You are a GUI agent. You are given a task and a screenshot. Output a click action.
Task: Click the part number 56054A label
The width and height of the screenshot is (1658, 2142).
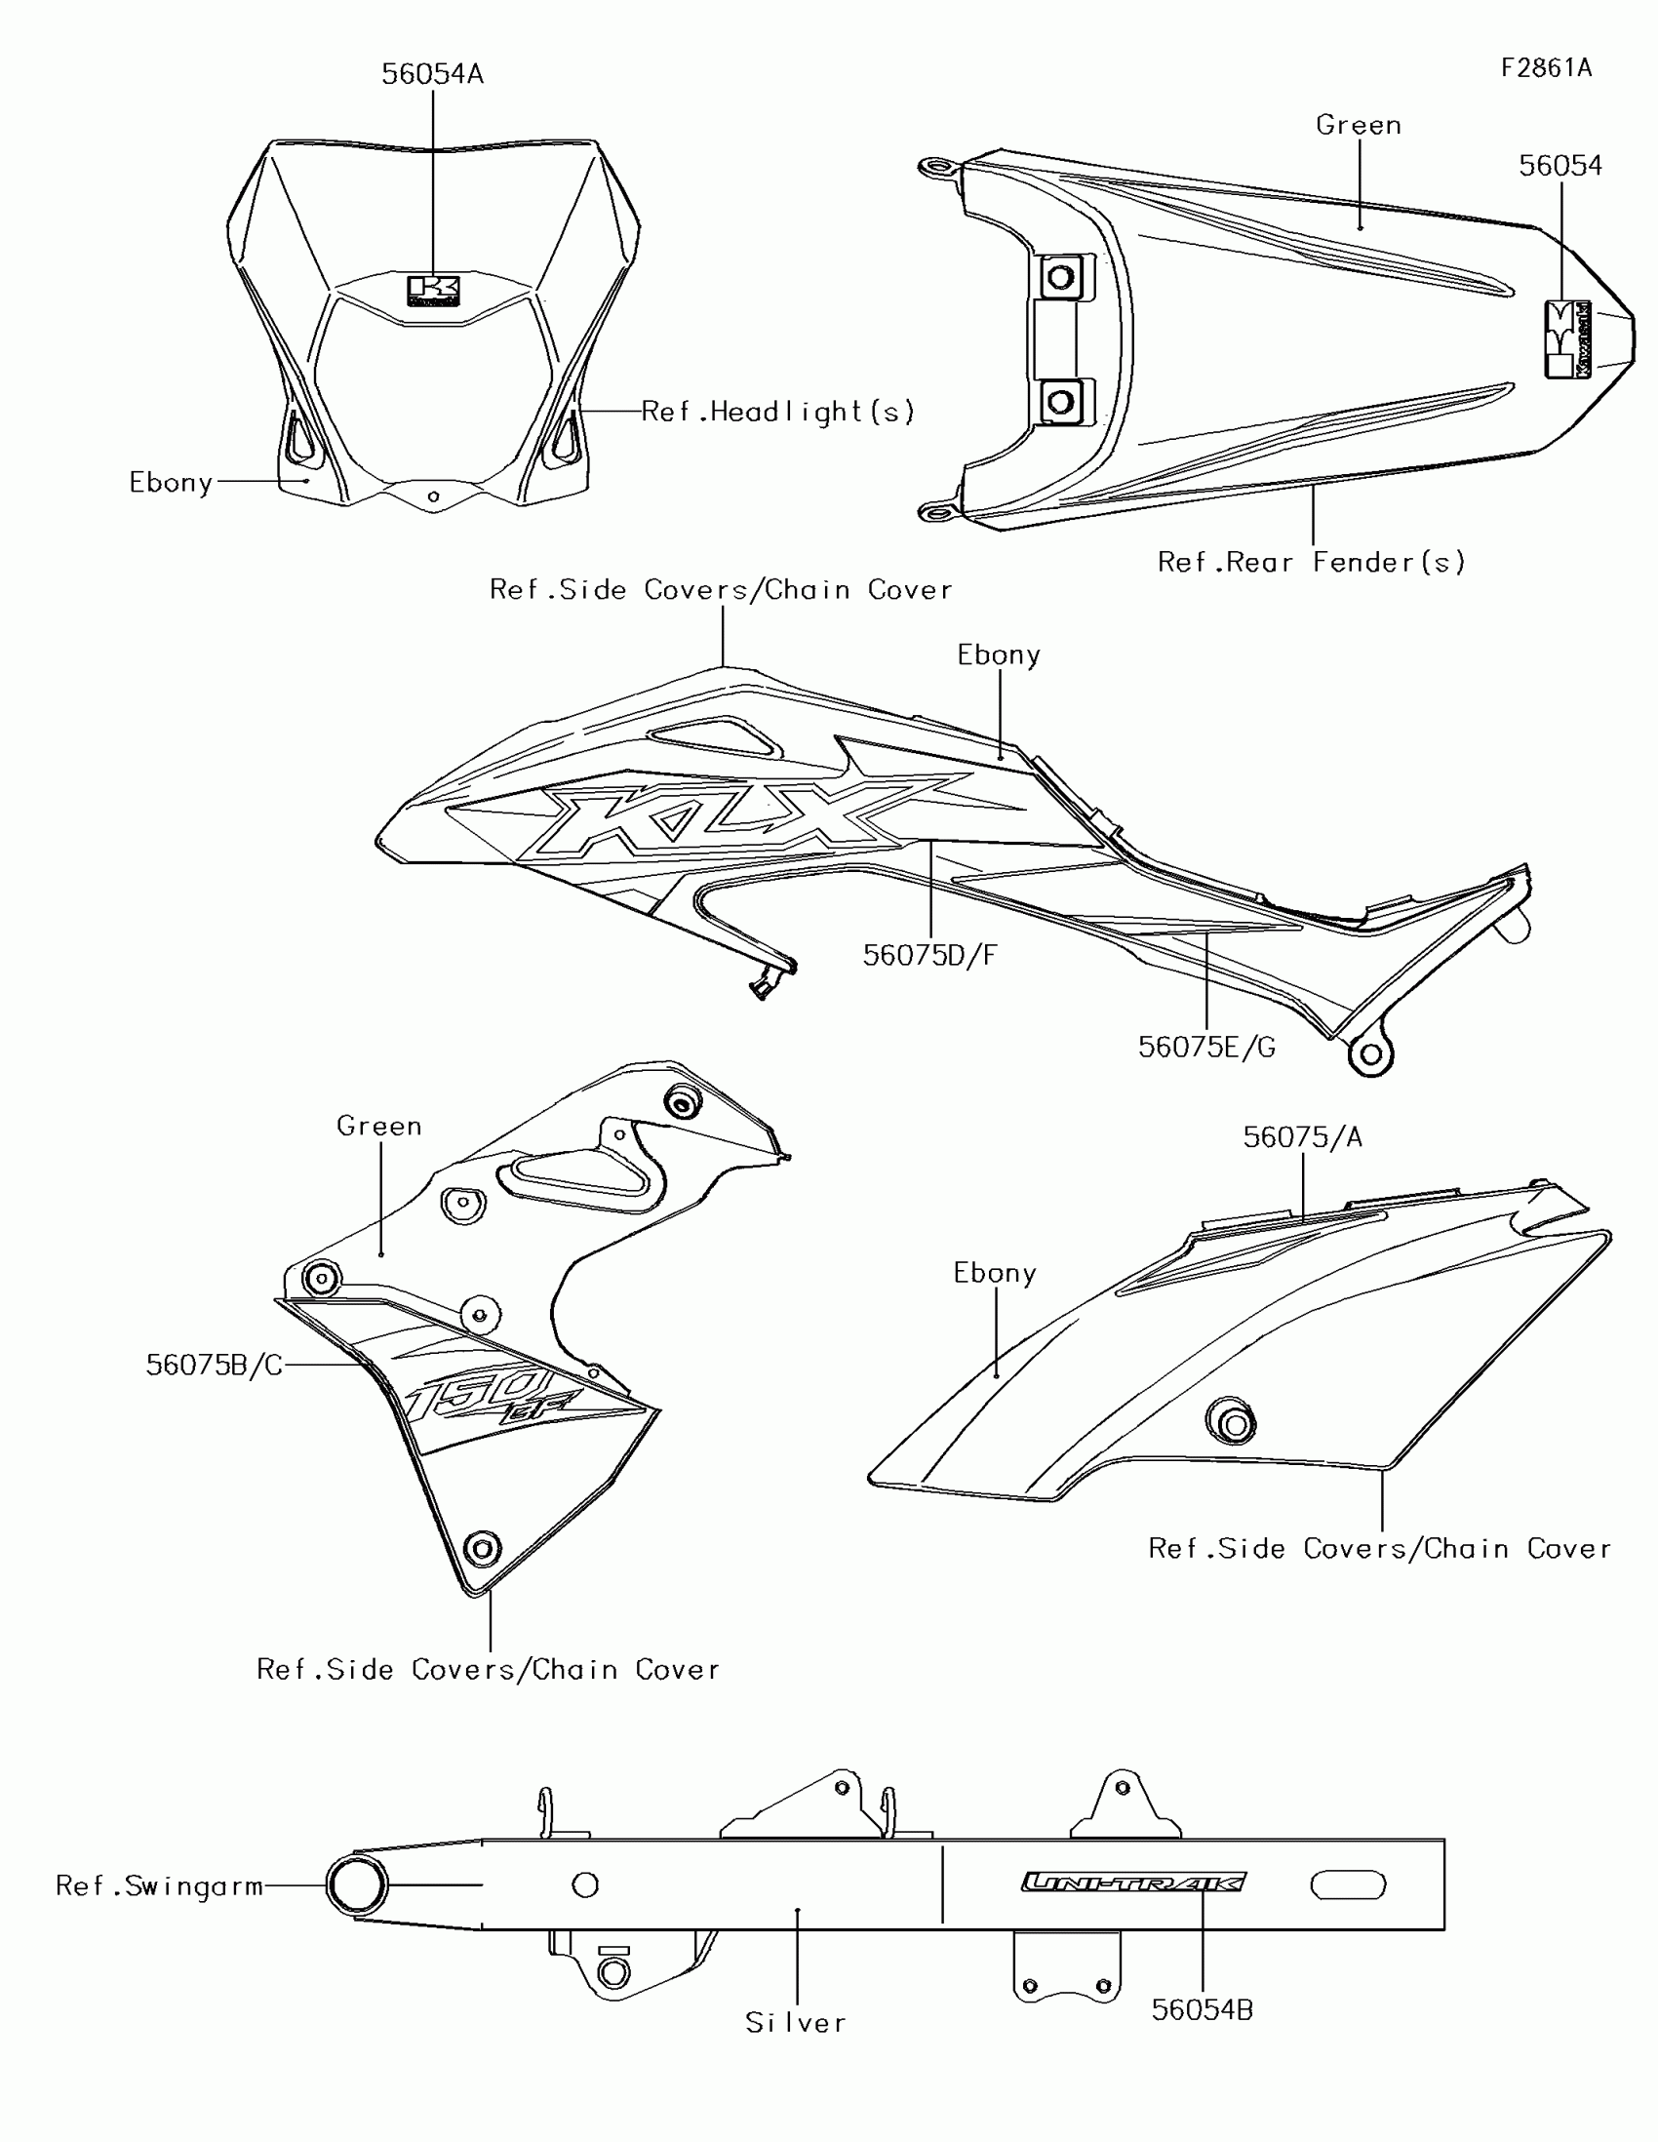(432, 74)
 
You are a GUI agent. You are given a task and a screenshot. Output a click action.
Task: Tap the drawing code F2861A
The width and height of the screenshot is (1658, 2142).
(1546, 67)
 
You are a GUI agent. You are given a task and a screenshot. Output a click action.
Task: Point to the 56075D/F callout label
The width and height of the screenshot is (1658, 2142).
(929, 955)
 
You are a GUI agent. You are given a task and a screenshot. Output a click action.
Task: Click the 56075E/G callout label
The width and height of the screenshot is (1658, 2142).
(1206, 1048)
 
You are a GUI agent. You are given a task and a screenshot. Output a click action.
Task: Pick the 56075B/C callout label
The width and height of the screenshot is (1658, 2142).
(214, 1365)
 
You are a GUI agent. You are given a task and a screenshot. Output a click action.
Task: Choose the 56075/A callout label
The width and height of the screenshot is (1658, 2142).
(1302, 1136)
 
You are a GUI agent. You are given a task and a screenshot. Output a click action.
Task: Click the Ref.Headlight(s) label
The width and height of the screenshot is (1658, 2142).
(777, 411)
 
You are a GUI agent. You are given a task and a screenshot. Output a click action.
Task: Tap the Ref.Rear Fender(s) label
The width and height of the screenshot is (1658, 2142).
(1311, 562)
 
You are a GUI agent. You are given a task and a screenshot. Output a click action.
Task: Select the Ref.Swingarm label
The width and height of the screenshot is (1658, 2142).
(160, 1885)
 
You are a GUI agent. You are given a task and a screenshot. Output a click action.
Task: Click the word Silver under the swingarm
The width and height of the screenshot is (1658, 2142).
(795, 2022)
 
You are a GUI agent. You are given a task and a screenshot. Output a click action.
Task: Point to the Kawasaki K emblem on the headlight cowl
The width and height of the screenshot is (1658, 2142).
(433, 290)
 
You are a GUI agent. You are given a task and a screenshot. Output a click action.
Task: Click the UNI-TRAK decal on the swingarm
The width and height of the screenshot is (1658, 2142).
(1133, 1882)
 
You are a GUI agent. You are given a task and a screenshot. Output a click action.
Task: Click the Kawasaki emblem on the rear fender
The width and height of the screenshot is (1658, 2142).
(1567, 339)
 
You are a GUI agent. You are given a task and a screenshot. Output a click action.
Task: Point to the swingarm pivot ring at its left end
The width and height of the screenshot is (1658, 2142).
(357, 1884)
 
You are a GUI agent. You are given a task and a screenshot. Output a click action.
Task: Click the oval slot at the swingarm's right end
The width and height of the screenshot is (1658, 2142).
(1348, 1884)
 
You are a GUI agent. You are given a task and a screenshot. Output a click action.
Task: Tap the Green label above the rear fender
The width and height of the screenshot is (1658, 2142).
(1358, 125)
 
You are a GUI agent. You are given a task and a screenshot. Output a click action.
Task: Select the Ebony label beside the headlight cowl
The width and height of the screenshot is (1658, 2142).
(172, 483)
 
